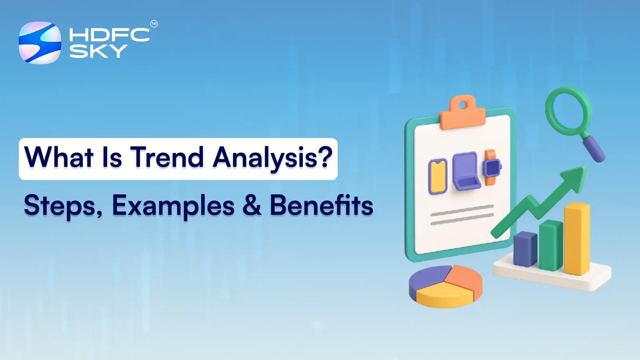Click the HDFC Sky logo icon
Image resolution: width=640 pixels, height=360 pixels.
click(40, 43)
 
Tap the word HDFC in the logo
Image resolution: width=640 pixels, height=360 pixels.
click(109, 35)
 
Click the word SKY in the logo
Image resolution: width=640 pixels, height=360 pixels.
click(98, 51)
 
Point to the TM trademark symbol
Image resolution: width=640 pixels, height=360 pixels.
click(154, 24)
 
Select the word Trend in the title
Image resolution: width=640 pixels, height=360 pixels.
click(167, 157)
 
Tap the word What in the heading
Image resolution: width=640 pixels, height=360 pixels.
click(58, 157)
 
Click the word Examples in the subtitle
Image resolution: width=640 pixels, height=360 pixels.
click(173, 206)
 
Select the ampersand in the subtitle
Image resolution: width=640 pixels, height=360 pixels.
click(252, 206)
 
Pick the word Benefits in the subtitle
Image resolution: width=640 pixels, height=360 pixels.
click(321, 206)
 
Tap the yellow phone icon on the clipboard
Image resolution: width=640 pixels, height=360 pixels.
click(438, 176)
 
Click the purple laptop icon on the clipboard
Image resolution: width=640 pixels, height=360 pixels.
click(466, 171)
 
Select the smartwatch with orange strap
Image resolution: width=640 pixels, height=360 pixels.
click(491, 167)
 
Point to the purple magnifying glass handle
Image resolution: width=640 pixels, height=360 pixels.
click(594, 149)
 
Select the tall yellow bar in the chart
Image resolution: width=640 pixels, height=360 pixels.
click(577, 239)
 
